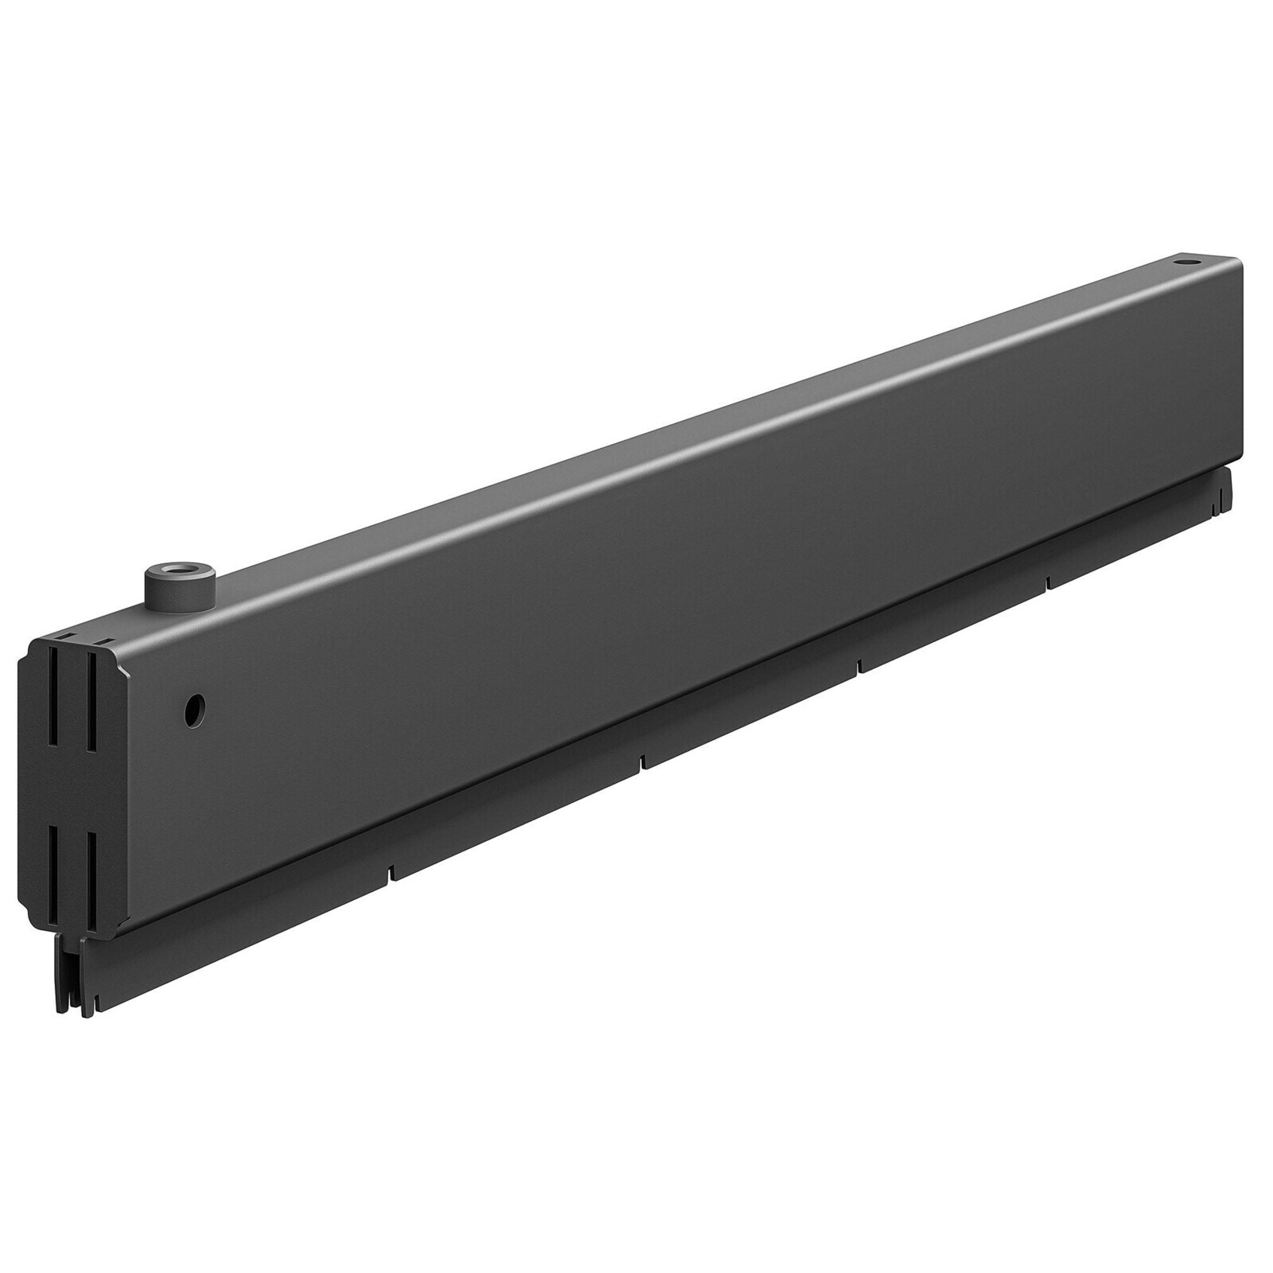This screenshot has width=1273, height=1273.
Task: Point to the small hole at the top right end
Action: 1186,282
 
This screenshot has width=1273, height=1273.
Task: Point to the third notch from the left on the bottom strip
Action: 859,664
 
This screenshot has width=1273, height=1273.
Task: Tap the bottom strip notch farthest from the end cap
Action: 1048,582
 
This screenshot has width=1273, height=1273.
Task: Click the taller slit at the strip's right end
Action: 1215,503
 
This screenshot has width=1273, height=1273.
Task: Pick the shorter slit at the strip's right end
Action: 1223,501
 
